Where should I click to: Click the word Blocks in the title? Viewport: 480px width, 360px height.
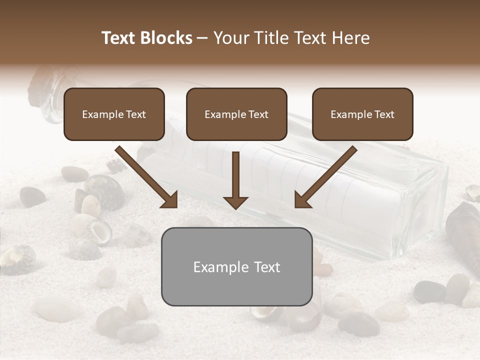coord(166,38)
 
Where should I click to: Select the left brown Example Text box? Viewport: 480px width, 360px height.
coord(114,114)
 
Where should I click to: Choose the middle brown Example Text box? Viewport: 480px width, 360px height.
coord(236,114)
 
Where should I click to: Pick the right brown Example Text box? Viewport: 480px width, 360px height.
coord(362,114)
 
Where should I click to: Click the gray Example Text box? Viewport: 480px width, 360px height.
coord(236,266)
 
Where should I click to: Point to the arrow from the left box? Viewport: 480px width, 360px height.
coord(145,176)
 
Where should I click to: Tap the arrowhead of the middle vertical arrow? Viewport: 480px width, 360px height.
coord(235,202)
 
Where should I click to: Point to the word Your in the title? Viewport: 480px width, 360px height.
coord(231,38)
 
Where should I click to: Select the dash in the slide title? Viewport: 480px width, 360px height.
coord(202,38)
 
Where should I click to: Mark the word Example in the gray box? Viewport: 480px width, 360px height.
coord(221,267)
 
